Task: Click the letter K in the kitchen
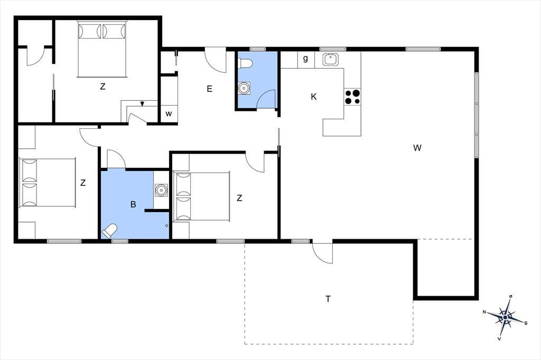tap(314, 97)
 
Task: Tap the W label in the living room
tap(417, 148)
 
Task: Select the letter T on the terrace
tap(328, 299)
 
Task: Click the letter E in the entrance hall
tap(209, 89)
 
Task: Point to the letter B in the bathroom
tap(133, 204)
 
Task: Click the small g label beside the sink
tap(305, 59)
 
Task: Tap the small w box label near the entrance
tap(169, 114)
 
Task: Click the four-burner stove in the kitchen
tap(352, 97)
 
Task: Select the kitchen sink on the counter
tap(331, 60)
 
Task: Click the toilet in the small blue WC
tap(246, 63)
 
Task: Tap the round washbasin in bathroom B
tap(161, 190)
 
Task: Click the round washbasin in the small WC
tap(244, 88)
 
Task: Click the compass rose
tap(506, 317)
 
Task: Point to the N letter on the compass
tap(484, 312)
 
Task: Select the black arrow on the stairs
tap(142, 103)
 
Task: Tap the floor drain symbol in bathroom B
tap(166, 225)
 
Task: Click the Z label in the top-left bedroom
tap(102, 87)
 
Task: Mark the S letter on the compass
tap(526, 323)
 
